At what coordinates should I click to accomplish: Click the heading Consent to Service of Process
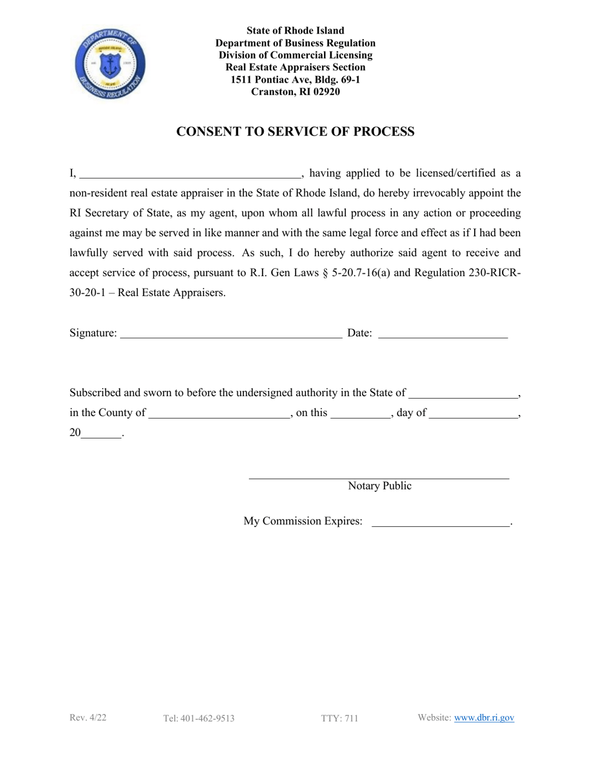click(x=295, y=132)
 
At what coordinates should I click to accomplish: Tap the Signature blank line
click(x=231, y=335)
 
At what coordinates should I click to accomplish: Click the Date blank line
click(x=443, y=335)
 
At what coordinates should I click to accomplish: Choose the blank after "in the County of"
click(x=220, y=414)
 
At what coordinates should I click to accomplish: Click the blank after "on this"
click(x=360, y=414)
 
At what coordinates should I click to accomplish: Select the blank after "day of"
click(x=473, y=414)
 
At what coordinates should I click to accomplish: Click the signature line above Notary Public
click(x=379, y=477)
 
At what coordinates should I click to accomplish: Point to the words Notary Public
click(x=379, y=486)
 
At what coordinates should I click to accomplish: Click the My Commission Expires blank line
click(x=440, y=523)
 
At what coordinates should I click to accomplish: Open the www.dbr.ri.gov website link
click(x=484, y=718)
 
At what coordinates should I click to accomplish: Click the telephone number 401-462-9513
click(x=198, y=718)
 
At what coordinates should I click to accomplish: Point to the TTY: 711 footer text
click(x=340, y=718)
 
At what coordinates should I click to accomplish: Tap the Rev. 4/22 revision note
click(x=88, y=718)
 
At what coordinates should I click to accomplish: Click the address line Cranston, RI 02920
click(x=295, y=92)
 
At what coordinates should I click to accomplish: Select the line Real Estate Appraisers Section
click(x=295, y=68)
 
